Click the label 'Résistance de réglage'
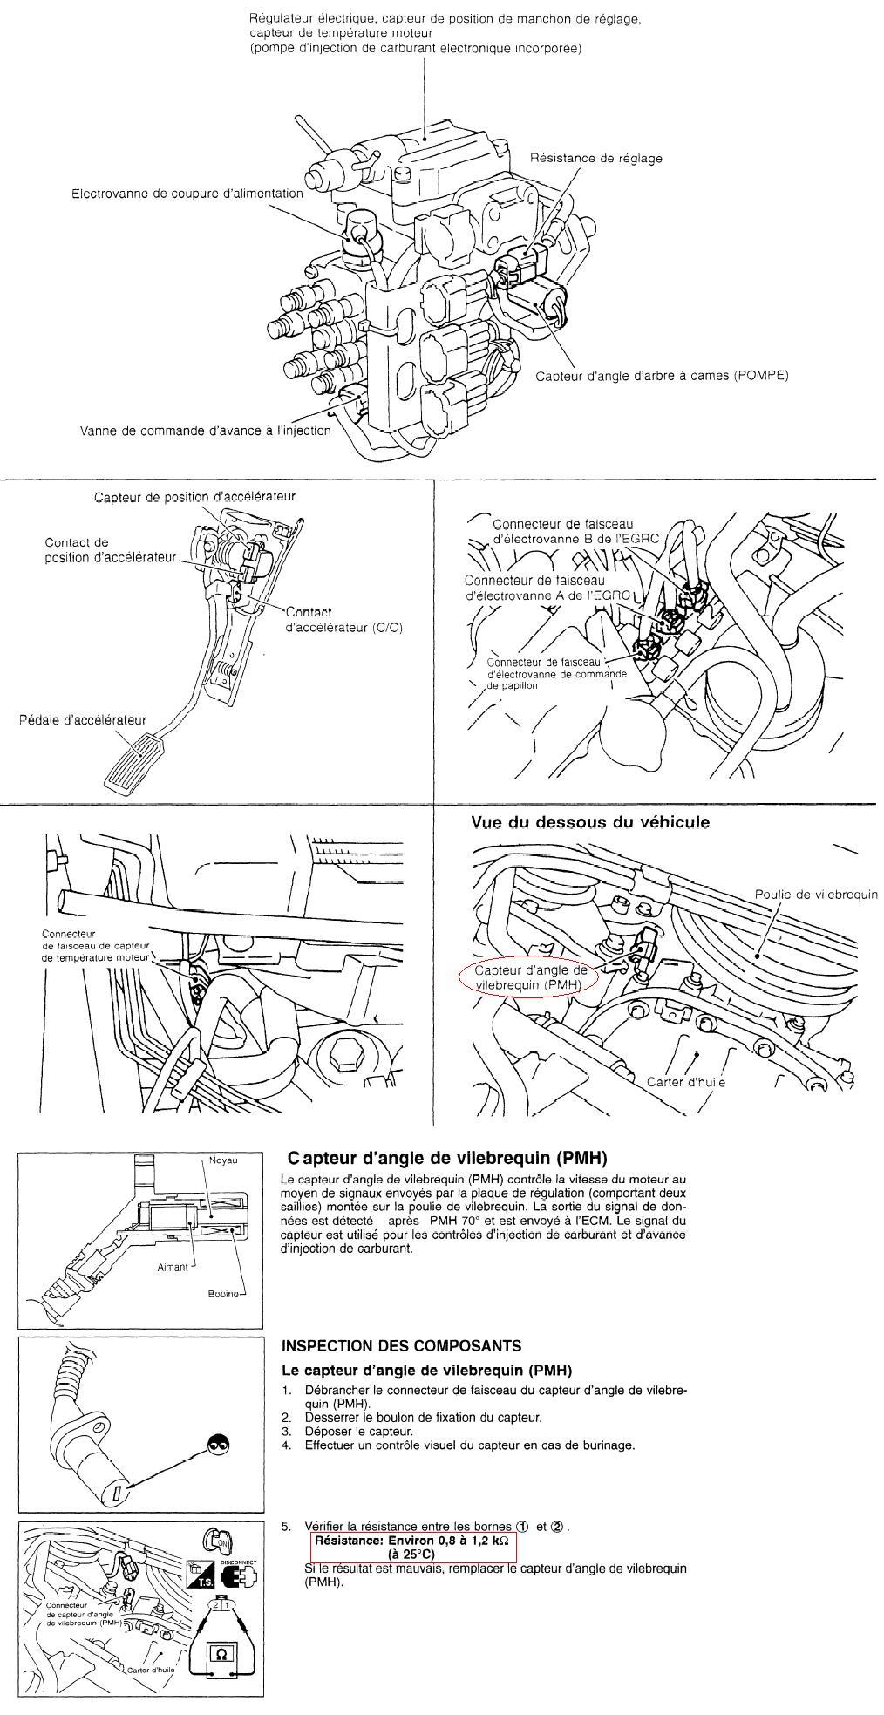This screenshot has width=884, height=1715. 596,158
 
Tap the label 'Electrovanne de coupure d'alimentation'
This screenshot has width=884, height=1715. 187,194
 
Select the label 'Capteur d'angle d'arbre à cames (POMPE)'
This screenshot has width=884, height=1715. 661,376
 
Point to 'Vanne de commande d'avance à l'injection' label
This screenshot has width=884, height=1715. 206,430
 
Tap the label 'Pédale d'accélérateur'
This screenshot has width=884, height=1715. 82,720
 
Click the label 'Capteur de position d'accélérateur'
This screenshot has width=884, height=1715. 194,496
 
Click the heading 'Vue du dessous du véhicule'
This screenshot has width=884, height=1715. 590,821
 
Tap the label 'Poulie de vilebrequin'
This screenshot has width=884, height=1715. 815,895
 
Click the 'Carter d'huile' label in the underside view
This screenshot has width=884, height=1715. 685,1082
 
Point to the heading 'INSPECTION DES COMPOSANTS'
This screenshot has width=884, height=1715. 402,1345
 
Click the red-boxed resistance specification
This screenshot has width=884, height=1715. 413,1548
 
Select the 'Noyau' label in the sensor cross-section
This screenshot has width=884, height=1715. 223,1160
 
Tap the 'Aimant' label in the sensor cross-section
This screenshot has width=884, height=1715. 172,1267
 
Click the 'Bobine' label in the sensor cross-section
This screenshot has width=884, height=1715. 223,1293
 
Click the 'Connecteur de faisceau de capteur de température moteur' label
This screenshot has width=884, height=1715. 96,945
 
